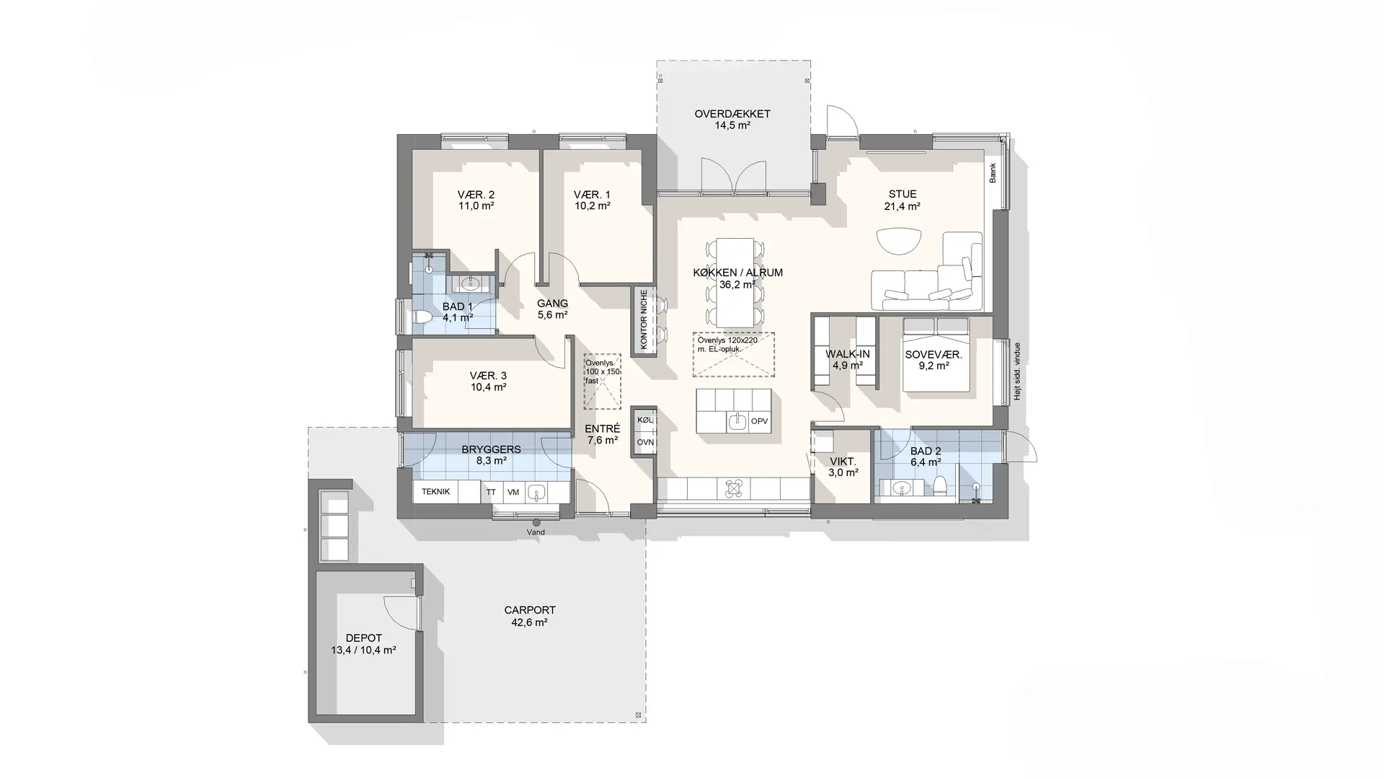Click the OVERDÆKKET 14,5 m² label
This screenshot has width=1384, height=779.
(x=732, y=120)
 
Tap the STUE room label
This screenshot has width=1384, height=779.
(x=902, y=194)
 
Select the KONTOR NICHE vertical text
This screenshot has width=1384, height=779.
(x=644, y=320)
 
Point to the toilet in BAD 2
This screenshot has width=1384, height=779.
(x=940, y=487)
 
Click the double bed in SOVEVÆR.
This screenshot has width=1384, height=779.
(x=936, y=354)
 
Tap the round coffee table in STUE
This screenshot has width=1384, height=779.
(x=899, y=241)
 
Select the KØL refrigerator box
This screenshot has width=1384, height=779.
(x=645, y=420)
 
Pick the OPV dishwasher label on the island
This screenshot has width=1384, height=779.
(x=759, y=421)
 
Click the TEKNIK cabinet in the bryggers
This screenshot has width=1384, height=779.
(x=435, y=492)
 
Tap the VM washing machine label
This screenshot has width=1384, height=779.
(x=513, y=492)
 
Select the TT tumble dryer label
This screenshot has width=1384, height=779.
(x=491, y=492)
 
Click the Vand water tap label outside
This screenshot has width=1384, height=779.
(x=536, y=532)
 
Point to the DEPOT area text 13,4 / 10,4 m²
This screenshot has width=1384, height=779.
(x=363, y=650)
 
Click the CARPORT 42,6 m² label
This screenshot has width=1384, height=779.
(x=530, y=616)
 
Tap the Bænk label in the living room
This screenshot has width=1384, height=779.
(x=993, y=173)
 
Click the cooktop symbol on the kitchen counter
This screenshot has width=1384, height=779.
(x=734, y=488)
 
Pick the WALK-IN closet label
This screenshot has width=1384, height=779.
(x=848, y=359)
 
